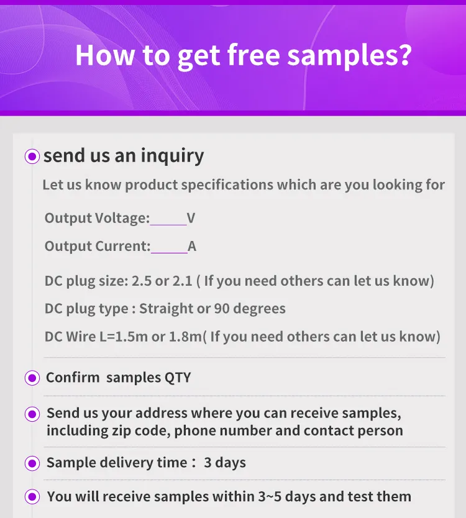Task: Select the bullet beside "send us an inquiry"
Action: [32, 157]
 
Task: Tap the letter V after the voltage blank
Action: [191, 218]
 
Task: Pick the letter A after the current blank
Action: [192, 246]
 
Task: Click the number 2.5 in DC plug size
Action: [142, 281]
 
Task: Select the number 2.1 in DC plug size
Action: [182, 281]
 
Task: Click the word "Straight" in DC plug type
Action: [166, 309]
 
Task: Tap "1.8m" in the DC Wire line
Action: [187, 337]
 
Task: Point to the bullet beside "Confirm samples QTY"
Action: [32, 378]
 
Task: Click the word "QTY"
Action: [178, 378]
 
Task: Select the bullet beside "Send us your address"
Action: [32, 414]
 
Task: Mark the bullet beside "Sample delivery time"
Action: [32, 463]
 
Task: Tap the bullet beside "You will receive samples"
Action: [32, 497]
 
